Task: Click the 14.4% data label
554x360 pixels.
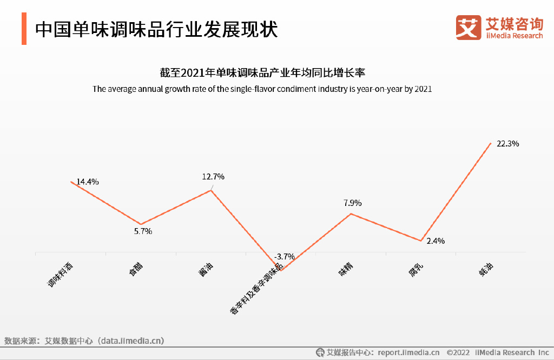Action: point(88,182)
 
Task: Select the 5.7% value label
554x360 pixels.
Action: point(143,231)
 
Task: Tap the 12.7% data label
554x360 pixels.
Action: point(213,177)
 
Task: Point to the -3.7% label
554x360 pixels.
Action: point(285,256)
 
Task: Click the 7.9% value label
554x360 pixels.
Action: point(352,203)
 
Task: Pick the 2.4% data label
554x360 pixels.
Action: point(436,241)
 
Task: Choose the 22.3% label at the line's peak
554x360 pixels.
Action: point(508,144)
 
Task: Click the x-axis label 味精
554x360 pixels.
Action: point(346,268)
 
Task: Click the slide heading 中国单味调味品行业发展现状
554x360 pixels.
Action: point(156,29)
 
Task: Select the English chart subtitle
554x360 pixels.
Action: point(262,89)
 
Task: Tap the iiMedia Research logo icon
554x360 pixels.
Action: point(468,27)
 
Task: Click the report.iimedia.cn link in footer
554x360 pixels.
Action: point(408,352)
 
